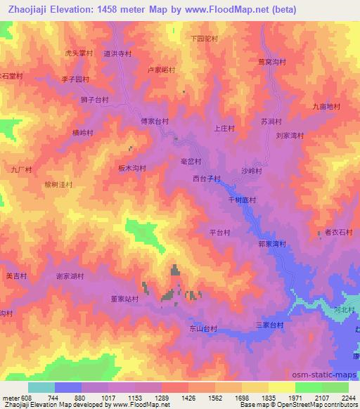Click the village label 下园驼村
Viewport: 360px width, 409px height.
click(x=205, y=39)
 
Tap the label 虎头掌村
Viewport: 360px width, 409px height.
click(x=79, y=53)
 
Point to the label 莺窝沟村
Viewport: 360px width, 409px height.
click(x=272, y=62)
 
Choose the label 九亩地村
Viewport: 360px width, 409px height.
click(x=326, y=106)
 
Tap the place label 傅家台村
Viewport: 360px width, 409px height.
click(x=155, y=121)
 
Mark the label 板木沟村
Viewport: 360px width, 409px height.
click(x=131, y=168)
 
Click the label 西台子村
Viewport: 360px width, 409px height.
click(x=207, y=178)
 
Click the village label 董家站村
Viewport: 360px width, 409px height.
click(x=124, y=299)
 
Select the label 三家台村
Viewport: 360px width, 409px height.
click(x=269, y=325)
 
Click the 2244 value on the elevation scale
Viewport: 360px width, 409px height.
click(x=348, y=397)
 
